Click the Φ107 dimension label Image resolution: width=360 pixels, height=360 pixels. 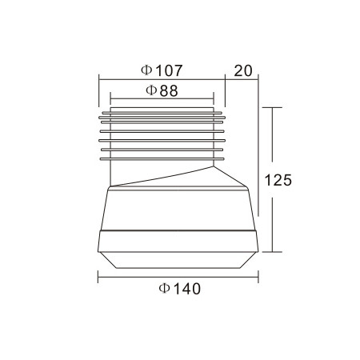[x=162, y=70]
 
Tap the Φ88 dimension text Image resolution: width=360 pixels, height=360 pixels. [x=162, y=90]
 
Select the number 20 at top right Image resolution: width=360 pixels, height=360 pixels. [x=243, y=70]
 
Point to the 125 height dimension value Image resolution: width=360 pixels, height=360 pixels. [x=278, y=180]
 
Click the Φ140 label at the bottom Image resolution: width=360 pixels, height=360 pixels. [x=179, y=289]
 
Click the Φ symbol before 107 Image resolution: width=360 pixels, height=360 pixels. [x=146, y=70]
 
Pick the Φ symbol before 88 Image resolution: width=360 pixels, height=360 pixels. [x=151, y=90]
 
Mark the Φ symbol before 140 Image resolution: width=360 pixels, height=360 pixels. [x=164, y=288]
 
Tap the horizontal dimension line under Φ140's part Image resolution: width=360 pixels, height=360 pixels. [x=178, y=278]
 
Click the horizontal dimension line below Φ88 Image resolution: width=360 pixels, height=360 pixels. [x=162, y=98]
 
